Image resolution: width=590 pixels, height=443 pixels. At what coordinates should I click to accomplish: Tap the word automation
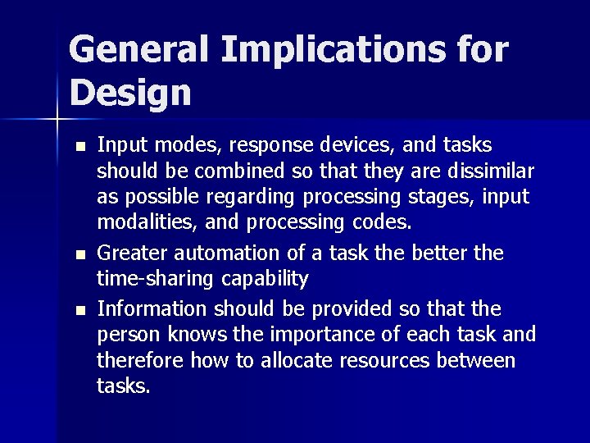225,253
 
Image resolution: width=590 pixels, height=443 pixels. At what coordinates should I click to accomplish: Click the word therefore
140,360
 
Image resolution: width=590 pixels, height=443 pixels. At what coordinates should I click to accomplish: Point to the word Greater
130,253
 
